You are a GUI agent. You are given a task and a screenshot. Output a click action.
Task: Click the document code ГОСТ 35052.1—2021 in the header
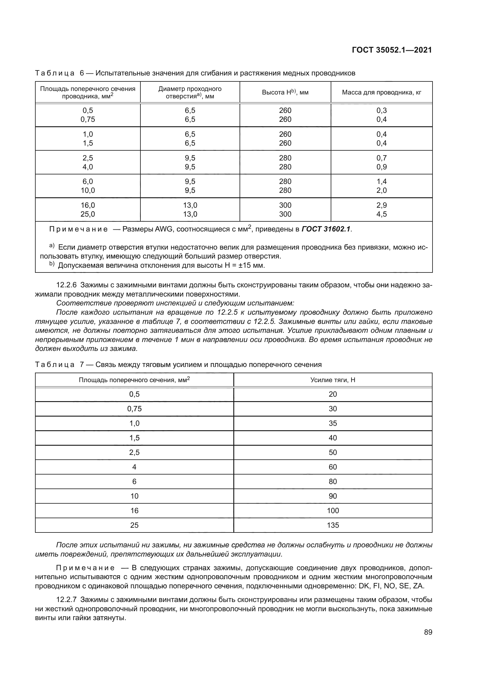pyautogui.click(x=392, y=50)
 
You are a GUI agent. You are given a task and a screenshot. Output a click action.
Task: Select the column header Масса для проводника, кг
pyautogui.click(x=381, y=93)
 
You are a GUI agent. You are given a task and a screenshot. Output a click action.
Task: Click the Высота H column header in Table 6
pyautogui.click(x=285, y=93)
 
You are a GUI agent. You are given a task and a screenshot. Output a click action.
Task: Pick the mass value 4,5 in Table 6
pyautogui.click(x=381, y=214)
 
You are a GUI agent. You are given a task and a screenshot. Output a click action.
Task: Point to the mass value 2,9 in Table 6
pyautogui.click(x=381, y=205)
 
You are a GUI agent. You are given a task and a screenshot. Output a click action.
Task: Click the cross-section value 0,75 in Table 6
pyautogui.click(x=88, y=119)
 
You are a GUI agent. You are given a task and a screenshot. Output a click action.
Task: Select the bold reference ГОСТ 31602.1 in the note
pyautogui.click(x=326, y=229)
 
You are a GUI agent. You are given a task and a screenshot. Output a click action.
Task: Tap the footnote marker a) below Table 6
pyautogui.click(x=52, y=247)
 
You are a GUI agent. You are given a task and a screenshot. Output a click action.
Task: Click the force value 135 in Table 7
pyautogui.click(x=332, y=525)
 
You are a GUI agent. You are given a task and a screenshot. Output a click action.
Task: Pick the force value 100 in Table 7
pyautogui.click(x=332, y=511)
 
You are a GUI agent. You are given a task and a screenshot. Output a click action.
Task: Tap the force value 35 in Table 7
pyautogui.click(x=332, y=423)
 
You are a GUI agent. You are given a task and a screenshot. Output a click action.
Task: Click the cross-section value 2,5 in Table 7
pyautogui.click(x=134, y=453)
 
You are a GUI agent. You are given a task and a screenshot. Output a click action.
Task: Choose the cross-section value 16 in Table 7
pyautogui.click(x=134, y=511)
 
